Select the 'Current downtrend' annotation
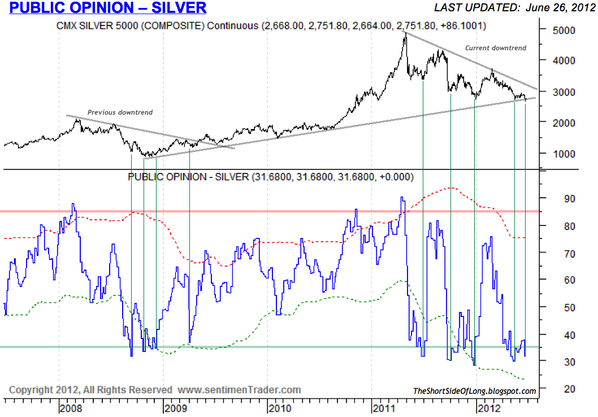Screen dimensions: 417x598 (x=496, y=48)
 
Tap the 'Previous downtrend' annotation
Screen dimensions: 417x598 (x=120, y=112)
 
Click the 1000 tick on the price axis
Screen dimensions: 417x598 (x=564, y=154)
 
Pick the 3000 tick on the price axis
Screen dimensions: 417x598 (x=564, y=92)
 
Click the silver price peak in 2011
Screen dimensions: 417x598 (x=405, y=34)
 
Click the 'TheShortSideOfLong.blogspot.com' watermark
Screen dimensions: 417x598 (x=475, y=391)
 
